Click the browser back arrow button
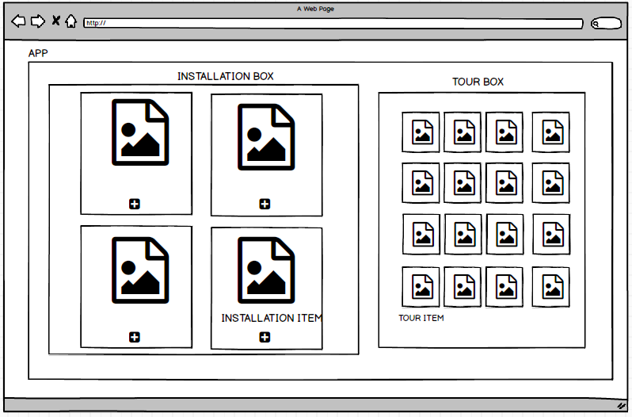coord(18,21)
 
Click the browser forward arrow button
coord(38,21)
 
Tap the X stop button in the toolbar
coord(56,20)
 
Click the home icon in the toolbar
coord(71,21)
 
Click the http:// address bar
coord(333,24)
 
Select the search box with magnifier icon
coord(606,24)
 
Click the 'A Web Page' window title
coord(315,9)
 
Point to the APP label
coord(38,53)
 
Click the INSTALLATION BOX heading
coord(226,76)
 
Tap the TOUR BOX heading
coord(478,82)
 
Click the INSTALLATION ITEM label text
coord(272,318)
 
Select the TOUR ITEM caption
coord(421,318)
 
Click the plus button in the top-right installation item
coord(265,204)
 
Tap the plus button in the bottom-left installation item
coord(135,337)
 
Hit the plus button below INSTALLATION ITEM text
coord(265,337)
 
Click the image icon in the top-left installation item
coord(140,132)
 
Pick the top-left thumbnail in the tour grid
coord(421,132)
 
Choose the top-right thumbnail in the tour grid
coord(551,132)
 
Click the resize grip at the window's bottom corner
coord(621,406)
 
